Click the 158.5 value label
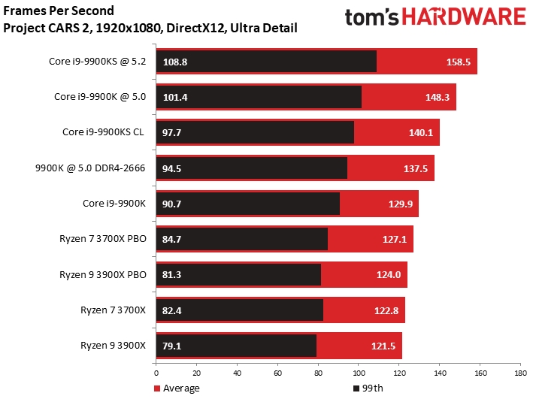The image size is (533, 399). pyautogui.click(x=457, y=62)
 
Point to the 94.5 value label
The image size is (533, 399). pyautogui.click(x=173, y=168)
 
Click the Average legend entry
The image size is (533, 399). pyautogui.click(x=177, y=388)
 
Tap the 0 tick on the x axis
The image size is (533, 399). pyautogui.click(x=156, y=372)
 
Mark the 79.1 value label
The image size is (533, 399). pyautogui.click(x=173, y=346)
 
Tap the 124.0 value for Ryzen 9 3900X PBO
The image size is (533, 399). pyautogui.click(x=388, y=275)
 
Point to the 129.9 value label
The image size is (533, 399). pyautogui.click(x=399, y=204)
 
